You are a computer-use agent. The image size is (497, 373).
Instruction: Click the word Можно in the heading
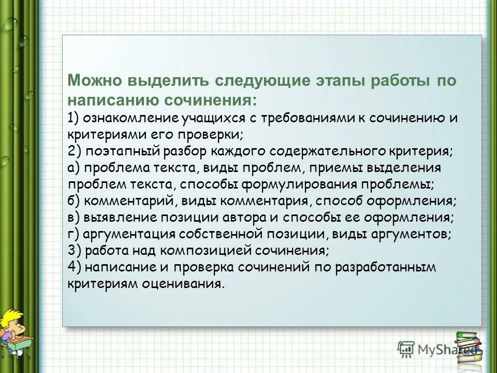coord(93,81)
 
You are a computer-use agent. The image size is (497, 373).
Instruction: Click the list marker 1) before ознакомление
coord(73,117)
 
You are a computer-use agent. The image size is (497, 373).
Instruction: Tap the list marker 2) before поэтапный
coord(74,151)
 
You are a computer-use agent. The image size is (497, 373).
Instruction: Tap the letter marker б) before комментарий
coord(74,200)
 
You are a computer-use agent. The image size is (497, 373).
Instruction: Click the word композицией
coord(206,251)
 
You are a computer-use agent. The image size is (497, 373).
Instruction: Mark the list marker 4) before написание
coord(74,267)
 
